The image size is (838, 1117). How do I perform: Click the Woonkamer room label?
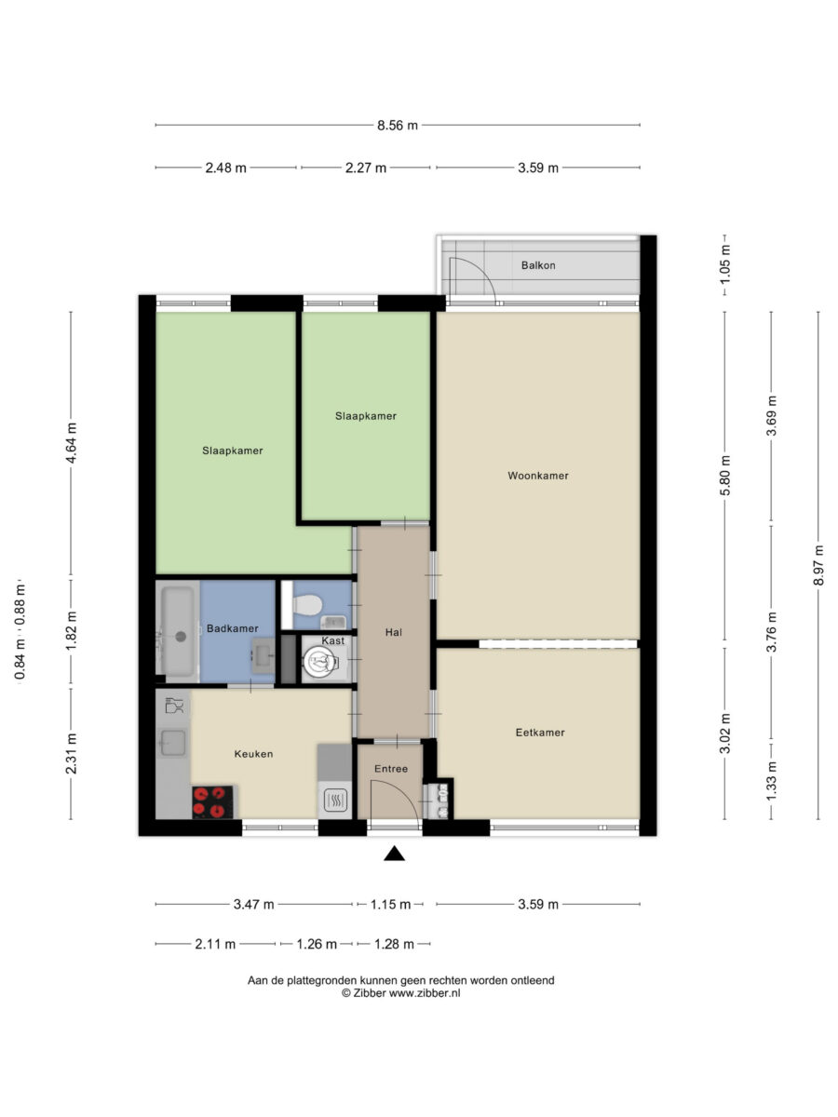(538, 476)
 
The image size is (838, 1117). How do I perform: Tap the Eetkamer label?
(540, 733)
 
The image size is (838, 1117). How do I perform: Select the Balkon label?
(538, 265)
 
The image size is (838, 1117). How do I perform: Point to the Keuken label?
(253, 754)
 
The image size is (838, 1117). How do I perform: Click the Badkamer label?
(233, 628)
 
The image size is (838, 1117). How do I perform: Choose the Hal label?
(393, 632)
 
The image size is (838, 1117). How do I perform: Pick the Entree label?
(391, 769)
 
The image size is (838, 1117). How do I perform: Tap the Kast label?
(332, 640)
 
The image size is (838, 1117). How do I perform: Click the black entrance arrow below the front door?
(394, 854)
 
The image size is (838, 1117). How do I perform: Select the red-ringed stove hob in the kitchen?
(212, 802)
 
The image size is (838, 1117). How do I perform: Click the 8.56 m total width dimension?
(398, 125)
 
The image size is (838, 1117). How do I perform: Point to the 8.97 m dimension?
(818, 565)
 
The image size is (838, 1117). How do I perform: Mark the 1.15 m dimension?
(390, 904)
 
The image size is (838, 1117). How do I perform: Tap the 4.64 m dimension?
(71, 442)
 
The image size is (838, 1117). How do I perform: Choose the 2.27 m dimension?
(365, 168)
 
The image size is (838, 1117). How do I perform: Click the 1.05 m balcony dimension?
(725, 264)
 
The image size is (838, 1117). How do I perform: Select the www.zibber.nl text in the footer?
(425, 993)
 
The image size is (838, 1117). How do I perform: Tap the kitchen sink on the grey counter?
(173, 743)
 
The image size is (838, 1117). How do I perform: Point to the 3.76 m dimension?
(771, 632)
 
